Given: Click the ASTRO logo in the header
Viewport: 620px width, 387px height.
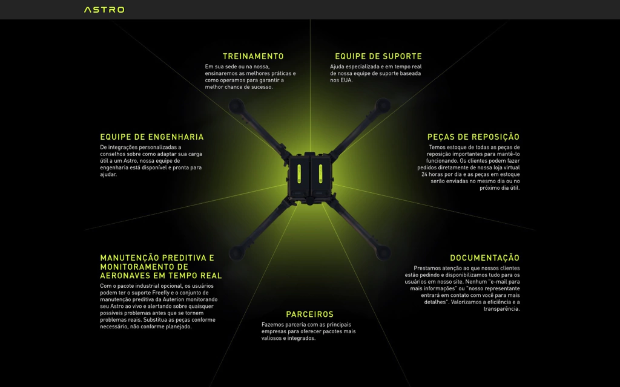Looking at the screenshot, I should pyautogui.click(x=104, y=10).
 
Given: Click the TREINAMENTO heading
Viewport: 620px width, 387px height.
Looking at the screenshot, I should pyautogui.click(x=253, y=56).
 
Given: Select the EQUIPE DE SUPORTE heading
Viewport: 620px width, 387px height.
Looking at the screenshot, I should pyautogui.click(x=378, y=56).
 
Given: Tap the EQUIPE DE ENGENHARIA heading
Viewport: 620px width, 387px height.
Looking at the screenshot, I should pyautogui.click(x=152, y=137).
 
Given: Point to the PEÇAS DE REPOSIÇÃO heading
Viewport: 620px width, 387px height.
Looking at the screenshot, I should pyautogui.click(x=473, y=137).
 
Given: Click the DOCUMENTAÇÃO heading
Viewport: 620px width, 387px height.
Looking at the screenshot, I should pyautogui.click(x=484, y=258).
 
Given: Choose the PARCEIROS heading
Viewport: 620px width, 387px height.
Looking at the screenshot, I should pyautogui.click(x=309, y=314).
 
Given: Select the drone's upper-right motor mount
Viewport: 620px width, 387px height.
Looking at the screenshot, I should pyautogui.click(x=383, y=107).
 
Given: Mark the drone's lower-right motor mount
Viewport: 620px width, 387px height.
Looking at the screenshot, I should pyautogui.click(x=383, y=249).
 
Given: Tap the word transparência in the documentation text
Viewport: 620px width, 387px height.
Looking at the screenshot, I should pyautogui.click(x=502, y=309).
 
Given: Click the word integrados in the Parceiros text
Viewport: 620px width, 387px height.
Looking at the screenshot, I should pyautogui.click(x=301, y=339).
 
